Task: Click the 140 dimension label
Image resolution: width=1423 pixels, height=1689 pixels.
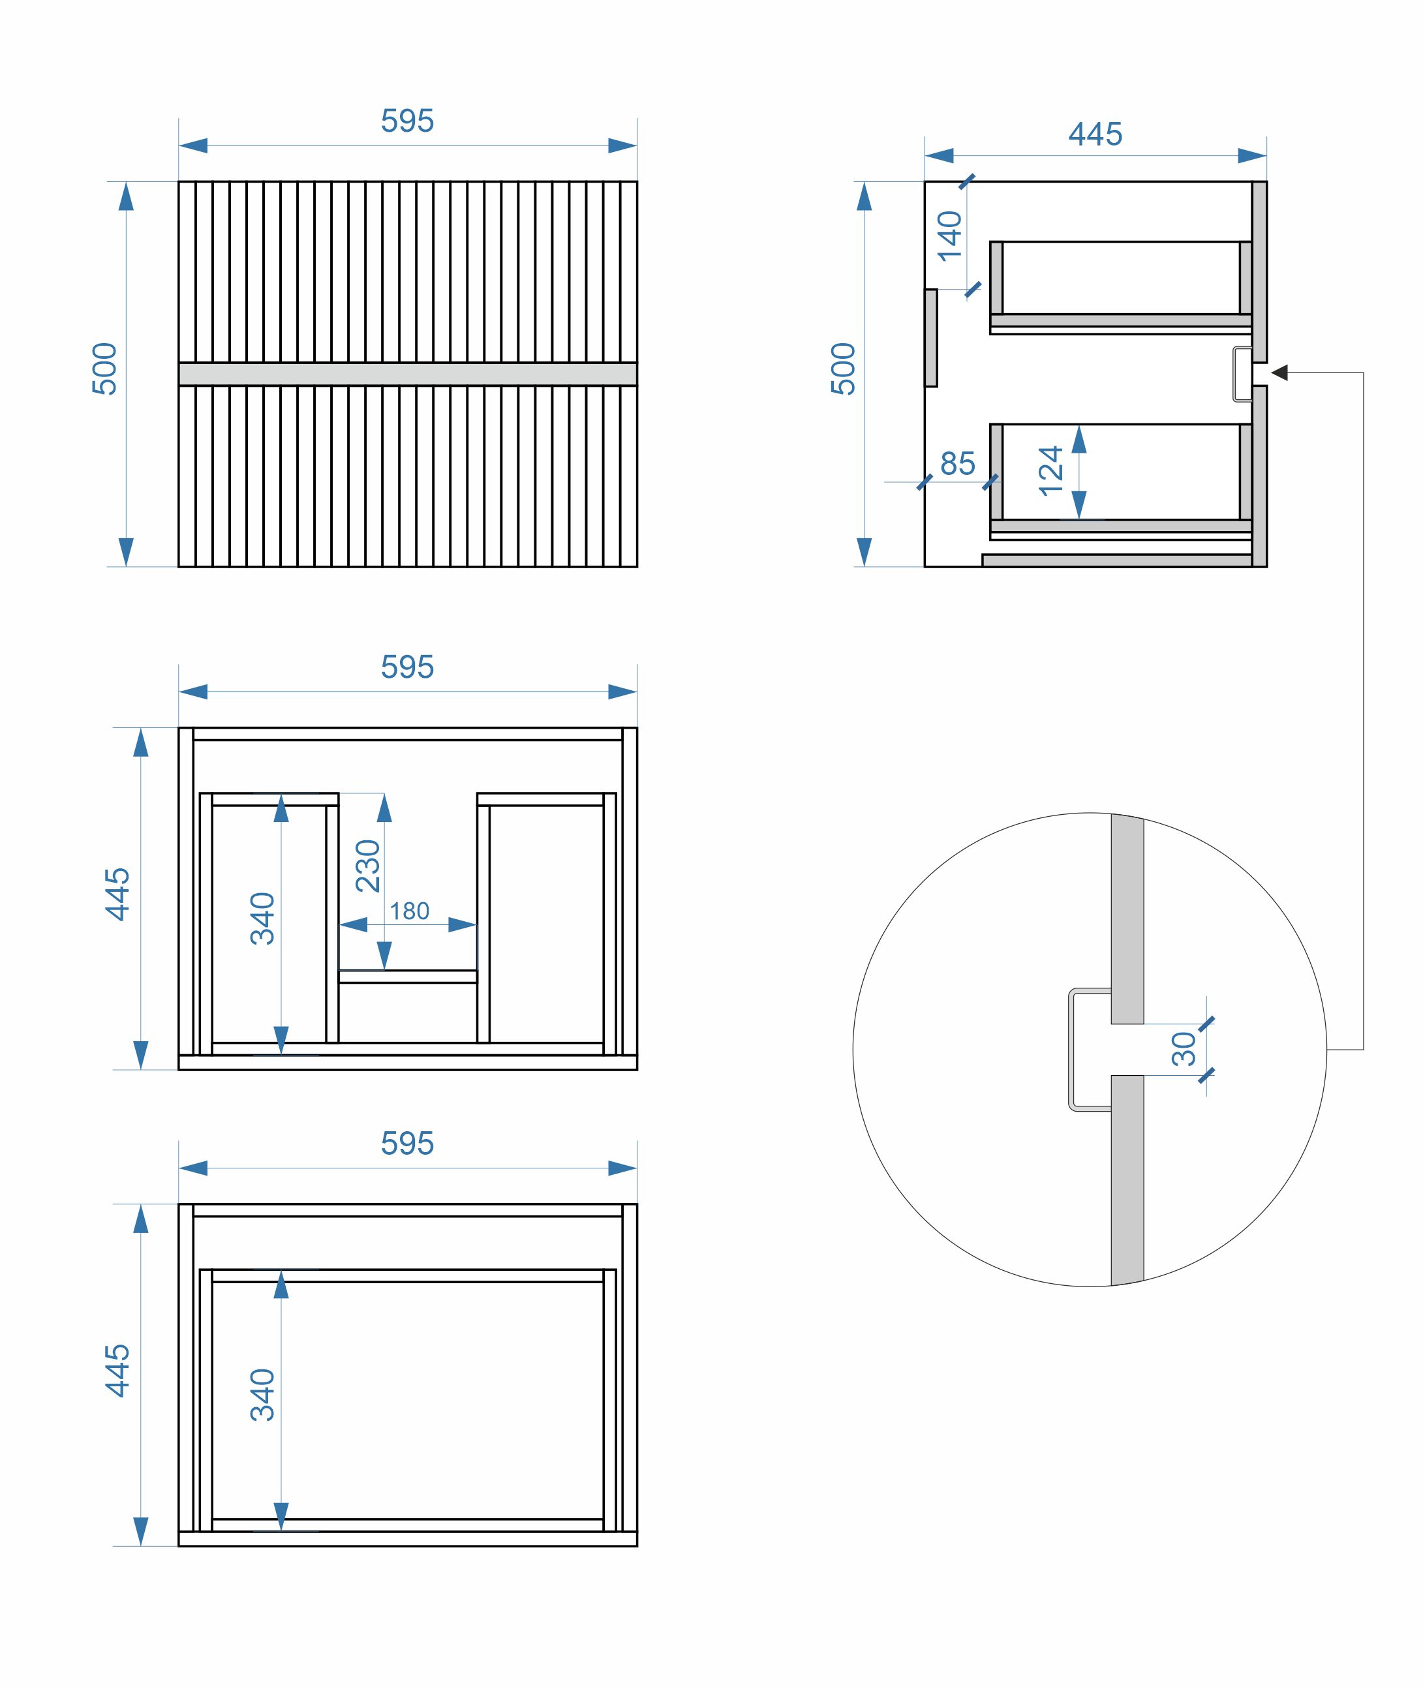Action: (x=949, y=236)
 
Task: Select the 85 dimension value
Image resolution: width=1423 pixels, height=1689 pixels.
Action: (x=958, y=464)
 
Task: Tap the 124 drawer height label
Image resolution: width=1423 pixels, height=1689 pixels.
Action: (x=1050, y=472)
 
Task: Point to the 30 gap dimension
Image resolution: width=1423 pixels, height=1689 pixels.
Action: (x=1184, y=1048)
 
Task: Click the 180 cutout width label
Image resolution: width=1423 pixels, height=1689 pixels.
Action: (x=409, y=911)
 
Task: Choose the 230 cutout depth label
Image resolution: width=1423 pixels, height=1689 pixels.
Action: (x=368, y=866)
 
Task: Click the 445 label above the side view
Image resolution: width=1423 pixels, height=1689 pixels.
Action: (x=1095, y=134)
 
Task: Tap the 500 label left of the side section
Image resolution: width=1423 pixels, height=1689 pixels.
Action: (x=843, y=369)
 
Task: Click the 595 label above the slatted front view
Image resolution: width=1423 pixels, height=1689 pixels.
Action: (x=407, y=121)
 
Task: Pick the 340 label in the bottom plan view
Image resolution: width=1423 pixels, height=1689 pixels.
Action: (x=263, y=1395)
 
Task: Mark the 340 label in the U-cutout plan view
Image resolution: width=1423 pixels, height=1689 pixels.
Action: (x=263, y=919)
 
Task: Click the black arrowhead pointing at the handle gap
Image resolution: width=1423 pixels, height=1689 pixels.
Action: (x=1279, y=373)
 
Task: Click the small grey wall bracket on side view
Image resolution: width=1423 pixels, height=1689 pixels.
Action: (x=931, y=338)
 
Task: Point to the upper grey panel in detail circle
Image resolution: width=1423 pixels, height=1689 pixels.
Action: (x=1127, y=919)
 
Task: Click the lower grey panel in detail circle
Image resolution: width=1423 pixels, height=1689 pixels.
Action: (x=1127, y=1178)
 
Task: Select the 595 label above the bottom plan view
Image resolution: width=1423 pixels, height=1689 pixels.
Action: (x=407, y=1144)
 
